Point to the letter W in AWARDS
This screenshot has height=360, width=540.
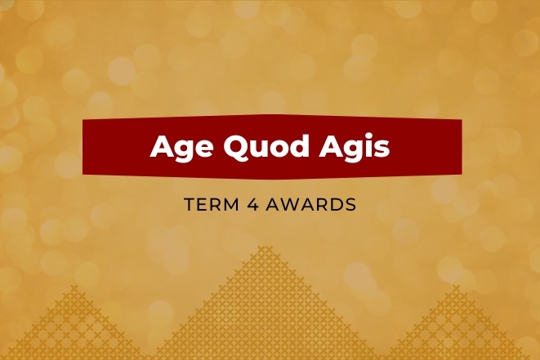(298, 204)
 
